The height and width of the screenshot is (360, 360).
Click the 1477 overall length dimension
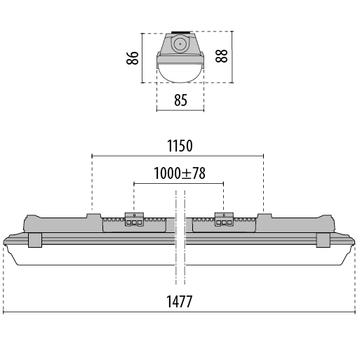click(179, 301)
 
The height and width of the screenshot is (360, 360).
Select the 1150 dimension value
click(180, 145)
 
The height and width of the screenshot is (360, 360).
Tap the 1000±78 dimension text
click(180, 173)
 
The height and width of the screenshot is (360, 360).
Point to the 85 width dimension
click(180, 100)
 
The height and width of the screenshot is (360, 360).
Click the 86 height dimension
click(133, 58)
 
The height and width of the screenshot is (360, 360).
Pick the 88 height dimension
click(221, 56)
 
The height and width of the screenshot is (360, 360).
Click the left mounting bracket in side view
click(134, 220)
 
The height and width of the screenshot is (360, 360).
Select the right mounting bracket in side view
click(224, 220)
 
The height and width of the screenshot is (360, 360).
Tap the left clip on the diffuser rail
click(35, 240)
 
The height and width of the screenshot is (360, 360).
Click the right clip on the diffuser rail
click(323, 240)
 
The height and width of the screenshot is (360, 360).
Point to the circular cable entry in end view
click(180, 44)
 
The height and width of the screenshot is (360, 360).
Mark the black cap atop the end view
click(180, 32)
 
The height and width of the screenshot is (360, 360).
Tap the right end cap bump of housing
click(328, 223)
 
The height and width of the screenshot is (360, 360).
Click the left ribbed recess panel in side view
click(135, 225)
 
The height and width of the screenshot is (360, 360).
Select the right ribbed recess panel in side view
click(224, 225)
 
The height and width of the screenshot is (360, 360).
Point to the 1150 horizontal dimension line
click(178, 156)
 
